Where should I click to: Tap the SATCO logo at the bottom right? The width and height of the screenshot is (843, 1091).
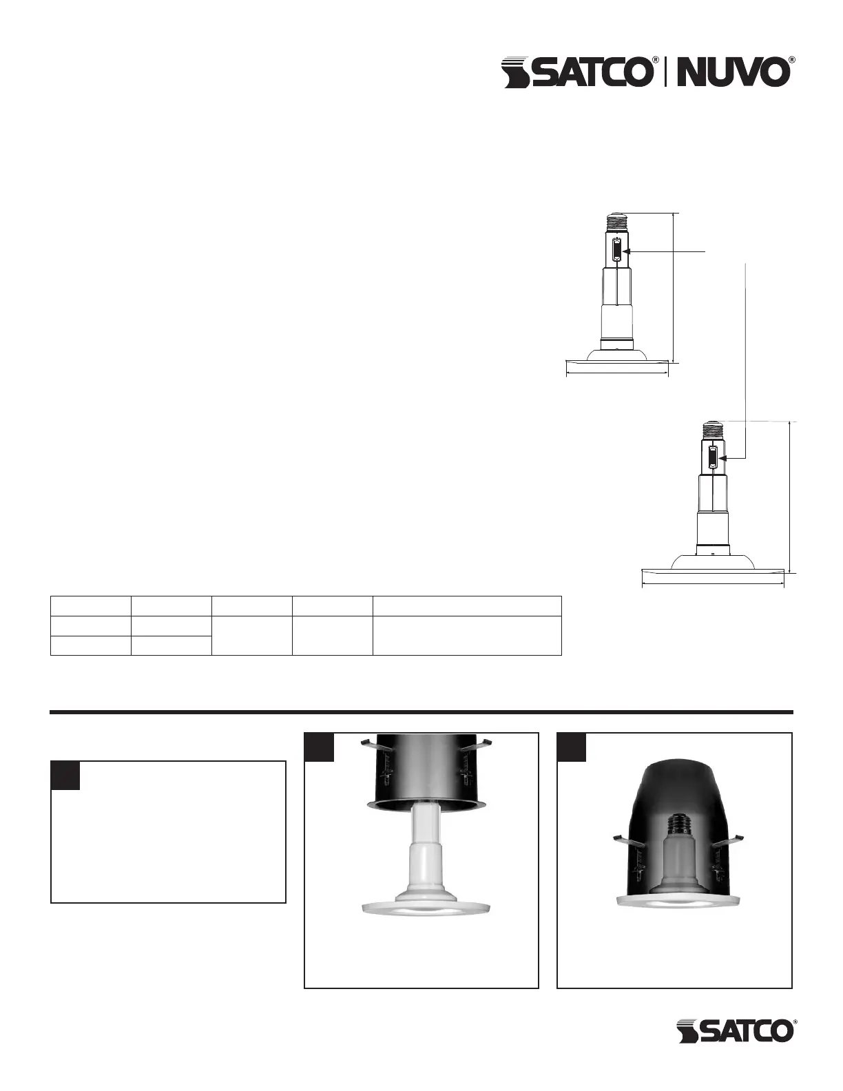point(735,1031)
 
